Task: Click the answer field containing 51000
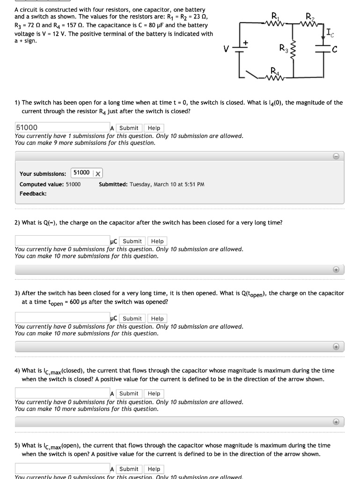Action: point(62,128)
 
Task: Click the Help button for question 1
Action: point(154,128)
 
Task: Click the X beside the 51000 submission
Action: point(98,174)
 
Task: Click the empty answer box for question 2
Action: point(62,241)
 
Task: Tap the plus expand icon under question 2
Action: point(336,269)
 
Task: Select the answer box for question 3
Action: point(62,319)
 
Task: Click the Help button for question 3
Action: point(158,319)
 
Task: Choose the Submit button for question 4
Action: point(129,394)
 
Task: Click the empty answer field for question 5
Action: point(62,469)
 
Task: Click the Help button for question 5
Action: point(154,469)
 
